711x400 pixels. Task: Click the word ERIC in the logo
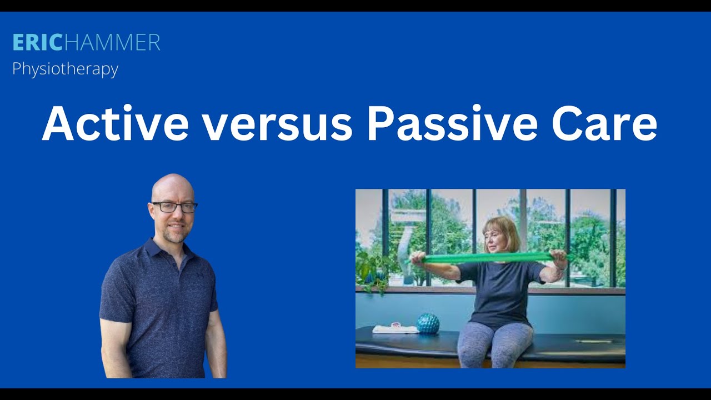pyautogui.click(x=37, y=43)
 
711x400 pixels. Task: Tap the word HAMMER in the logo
pyautogui.click(x=111, y=43)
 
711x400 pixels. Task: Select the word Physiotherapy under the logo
pyautogui.click(x=65, y=69)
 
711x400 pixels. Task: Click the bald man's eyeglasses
pyautogui.click(x=174, y=207)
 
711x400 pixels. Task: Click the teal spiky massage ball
pyautogui.click(x=428, y=324)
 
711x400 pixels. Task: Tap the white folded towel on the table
pyautogui.click(x=395, y=329)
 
